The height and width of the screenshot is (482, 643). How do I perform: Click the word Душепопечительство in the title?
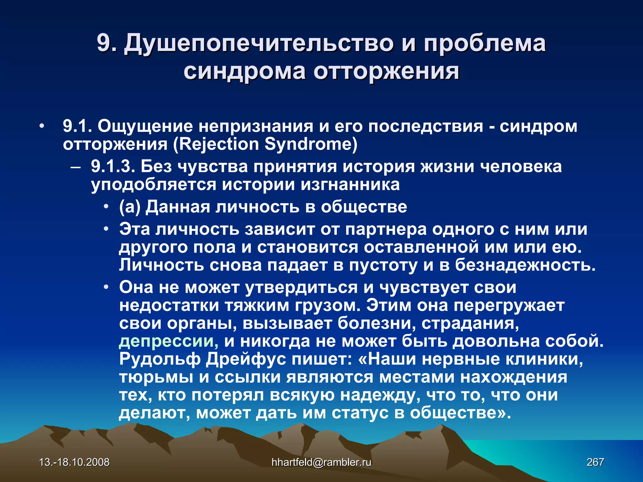pyautogui.click(x=259, y=43)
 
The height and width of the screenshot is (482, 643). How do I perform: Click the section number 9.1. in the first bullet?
pyautogui.click(x=77, y=126)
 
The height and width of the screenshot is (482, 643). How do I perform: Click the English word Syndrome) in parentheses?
pyautogui.click(x=311, y=144)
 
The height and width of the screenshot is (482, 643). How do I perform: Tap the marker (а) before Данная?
pyautogui.click(x=130, y=207)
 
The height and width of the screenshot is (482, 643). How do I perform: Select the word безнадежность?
pyautogui.click(x=525, y=265)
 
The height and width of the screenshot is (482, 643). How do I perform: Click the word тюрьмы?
pyautogui.click(x=156, y=377)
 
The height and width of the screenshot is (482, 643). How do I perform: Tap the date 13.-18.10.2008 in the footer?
pyautogui.click(x=74, y=462)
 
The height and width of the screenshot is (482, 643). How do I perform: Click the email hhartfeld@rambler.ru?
pyautogui.click(x=321, y=462)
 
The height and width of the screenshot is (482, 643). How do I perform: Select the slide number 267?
pyautogui.click(x=595, y=462)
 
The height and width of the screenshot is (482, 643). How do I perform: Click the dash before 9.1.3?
pyautogui.click(x=75, y=167)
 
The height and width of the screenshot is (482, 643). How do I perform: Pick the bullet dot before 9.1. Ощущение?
pyautogui.click(x=41, y=126)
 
